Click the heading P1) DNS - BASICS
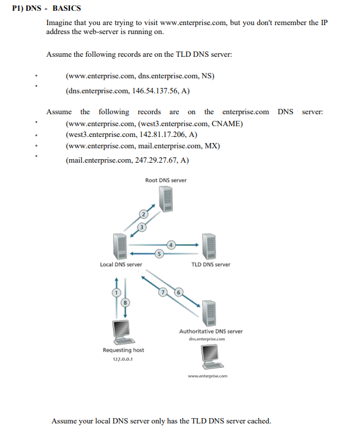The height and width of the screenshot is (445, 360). click(47, 8)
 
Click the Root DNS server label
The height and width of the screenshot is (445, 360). click(166, 180)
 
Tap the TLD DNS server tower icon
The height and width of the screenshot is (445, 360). click(210, 245)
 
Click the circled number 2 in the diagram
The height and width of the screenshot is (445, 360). click(144, 214)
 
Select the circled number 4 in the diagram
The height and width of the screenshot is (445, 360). click(171, 244)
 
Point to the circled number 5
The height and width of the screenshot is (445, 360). click(158, 253)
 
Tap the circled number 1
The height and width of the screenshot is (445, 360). click(117, 291)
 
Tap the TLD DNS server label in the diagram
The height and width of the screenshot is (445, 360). click(210, 264)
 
